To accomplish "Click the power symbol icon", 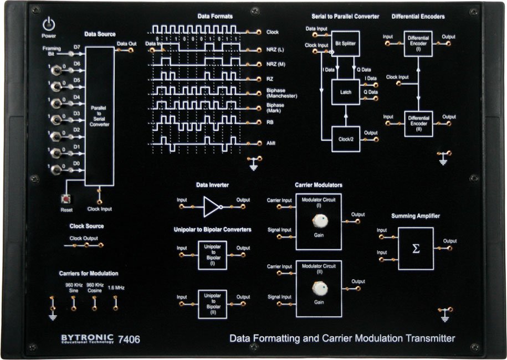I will coord(49,24).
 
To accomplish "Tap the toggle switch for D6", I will coord(56,70).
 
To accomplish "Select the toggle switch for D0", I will coord(56,169).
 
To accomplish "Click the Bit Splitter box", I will coord(345,43).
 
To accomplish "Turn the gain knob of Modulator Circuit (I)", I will coord(319,222).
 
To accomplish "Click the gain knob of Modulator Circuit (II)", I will coord(319,289).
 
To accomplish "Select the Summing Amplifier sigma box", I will coord(416,249).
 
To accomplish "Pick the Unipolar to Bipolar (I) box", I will coord(212,255).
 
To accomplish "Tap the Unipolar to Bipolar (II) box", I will coord(212,304).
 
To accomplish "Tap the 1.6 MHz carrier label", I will coord(116,287).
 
